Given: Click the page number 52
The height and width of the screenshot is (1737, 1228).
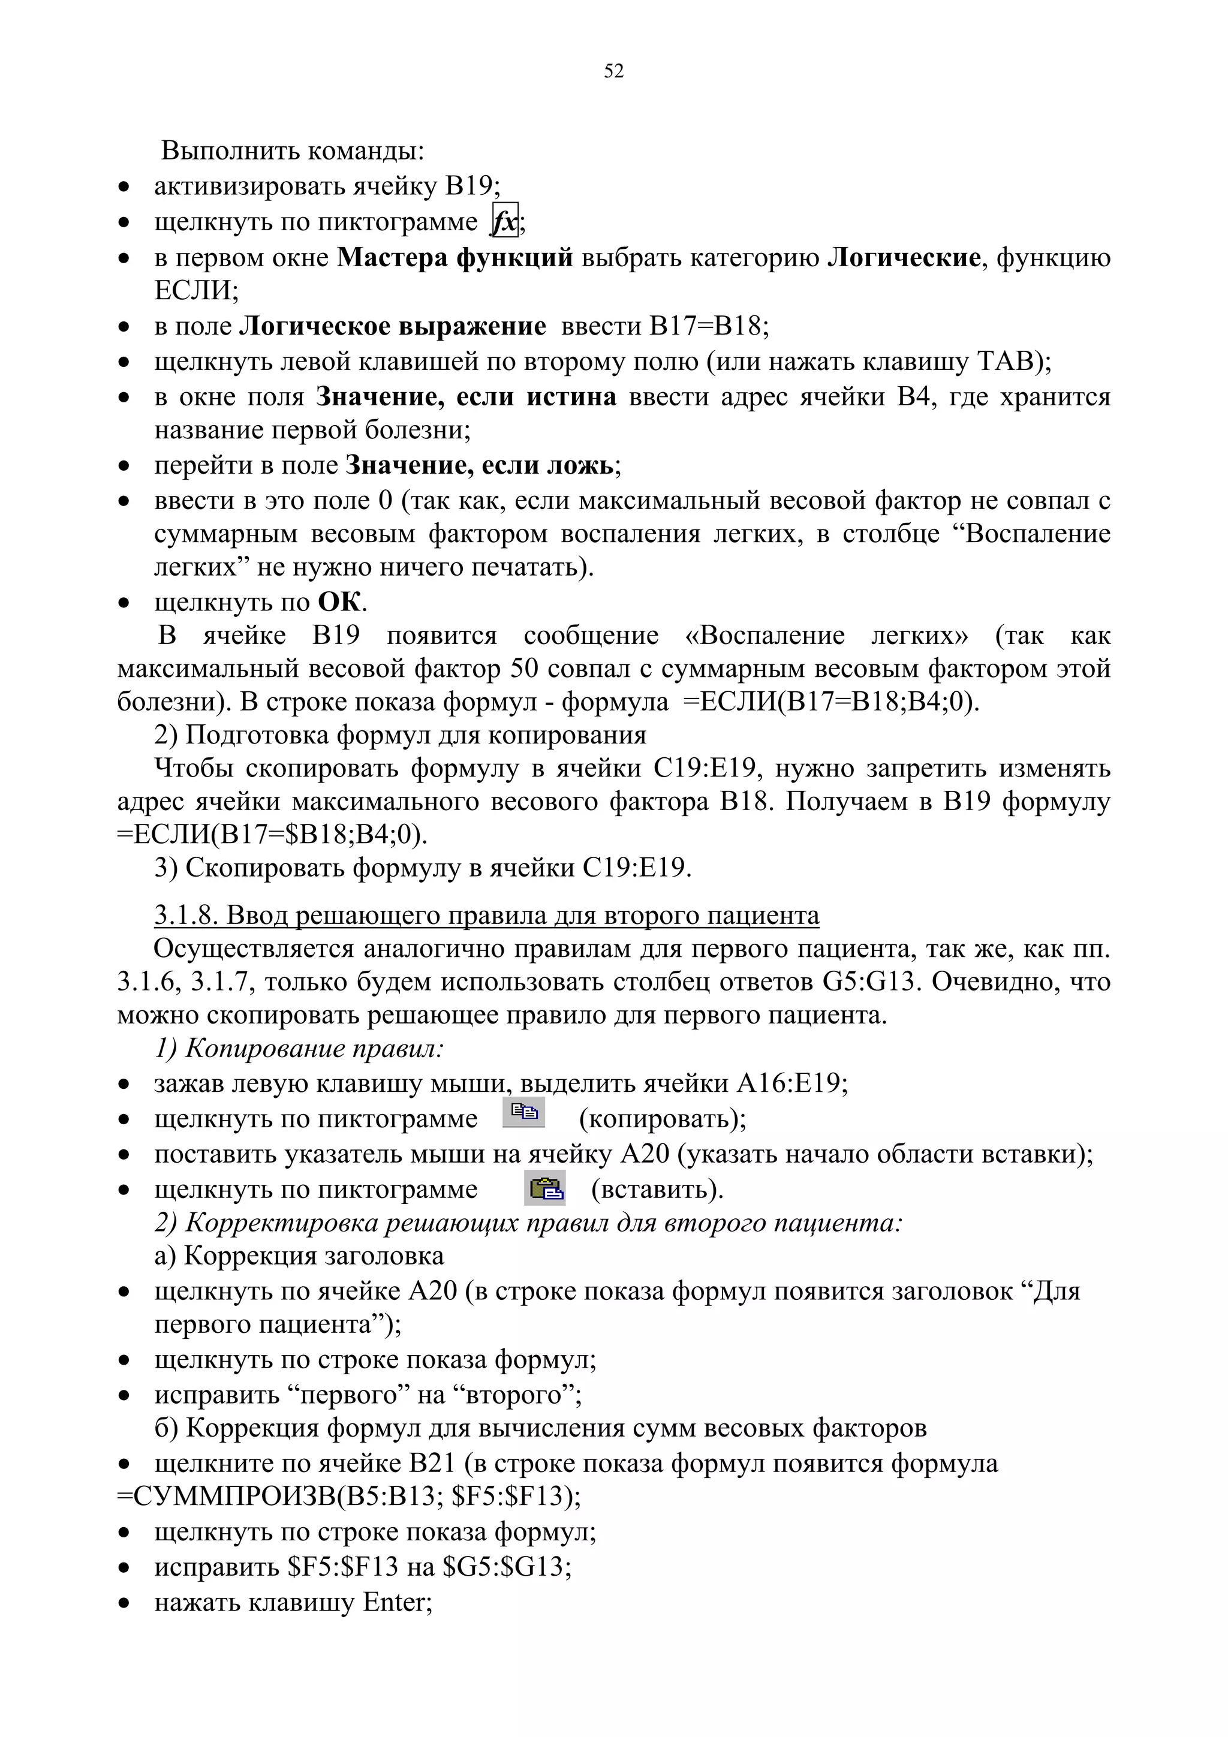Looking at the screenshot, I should click(x=613, y=71).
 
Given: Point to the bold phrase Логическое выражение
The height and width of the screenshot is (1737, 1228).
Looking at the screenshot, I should click(x=393, y=326).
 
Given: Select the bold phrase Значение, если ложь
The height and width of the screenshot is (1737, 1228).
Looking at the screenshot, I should click(x=480, y=465).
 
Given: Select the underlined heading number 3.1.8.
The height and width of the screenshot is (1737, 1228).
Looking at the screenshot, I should click(x=185, y=916).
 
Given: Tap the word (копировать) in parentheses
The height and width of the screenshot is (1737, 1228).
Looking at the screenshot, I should click(x=663, y=1118).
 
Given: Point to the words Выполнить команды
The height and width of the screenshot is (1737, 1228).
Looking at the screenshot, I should click(x=293, y=150).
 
